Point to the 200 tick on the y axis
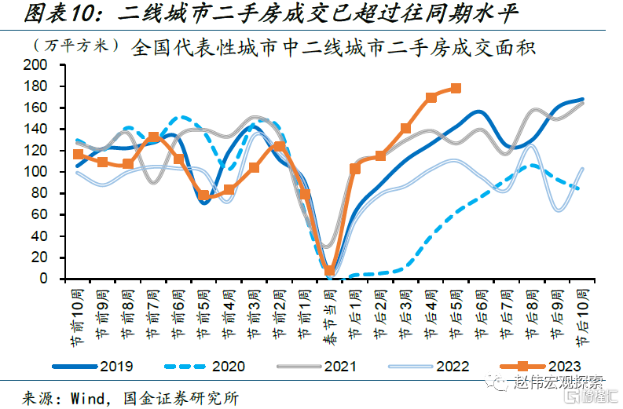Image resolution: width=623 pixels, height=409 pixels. click(38, 64)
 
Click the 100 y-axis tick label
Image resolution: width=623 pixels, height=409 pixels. click(38, 172)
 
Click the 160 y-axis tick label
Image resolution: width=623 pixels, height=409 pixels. click(38, 108)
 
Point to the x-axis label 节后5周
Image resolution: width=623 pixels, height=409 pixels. click(456, 311)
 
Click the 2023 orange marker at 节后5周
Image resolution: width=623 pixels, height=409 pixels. click(456, 88)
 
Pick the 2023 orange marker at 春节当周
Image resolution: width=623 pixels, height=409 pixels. click(330, 271)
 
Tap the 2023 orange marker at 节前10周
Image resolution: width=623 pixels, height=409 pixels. click(78, 155)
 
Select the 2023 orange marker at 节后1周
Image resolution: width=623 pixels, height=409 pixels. click(355, 169)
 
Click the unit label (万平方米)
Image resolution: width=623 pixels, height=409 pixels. click(75, 47)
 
